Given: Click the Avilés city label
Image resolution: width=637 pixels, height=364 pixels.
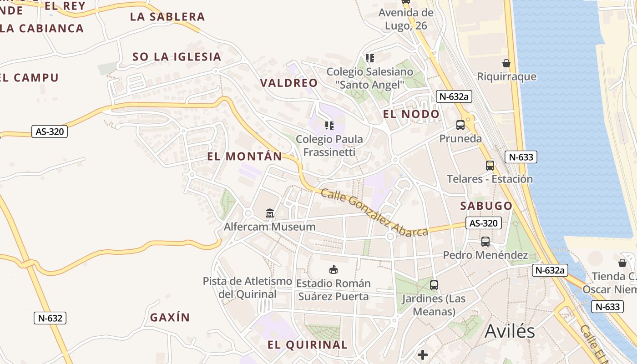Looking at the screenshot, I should tap(510, 331).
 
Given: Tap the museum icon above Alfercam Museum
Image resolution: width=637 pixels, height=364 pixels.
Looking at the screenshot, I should tap(270, 213).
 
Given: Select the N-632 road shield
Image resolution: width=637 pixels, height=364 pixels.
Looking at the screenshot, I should tap(50, 318).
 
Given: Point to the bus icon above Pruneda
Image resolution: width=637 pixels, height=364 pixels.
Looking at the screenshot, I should tap(460, 125).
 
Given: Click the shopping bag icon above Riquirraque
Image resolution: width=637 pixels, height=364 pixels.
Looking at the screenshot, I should tap(506, 63).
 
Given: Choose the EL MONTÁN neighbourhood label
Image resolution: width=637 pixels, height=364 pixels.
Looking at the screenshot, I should tap(245, 157).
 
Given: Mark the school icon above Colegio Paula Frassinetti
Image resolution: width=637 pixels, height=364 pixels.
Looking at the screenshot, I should tap(329, 125).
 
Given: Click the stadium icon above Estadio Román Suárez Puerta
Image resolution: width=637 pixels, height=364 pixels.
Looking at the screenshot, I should tap(334, 269).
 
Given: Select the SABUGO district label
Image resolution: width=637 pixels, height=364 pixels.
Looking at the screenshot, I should tap(486, 206).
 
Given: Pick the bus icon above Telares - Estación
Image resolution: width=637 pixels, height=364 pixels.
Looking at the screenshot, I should tap(490, 166).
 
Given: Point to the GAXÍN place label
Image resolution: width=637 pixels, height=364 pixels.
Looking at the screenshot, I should tap(170, 318).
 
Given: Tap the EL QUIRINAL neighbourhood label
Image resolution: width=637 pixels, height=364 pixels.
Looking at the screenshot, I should tap(308, 344).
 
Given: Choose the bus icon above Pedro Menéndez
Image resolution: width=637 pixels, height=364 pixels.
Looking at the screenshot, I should tap(485, 242).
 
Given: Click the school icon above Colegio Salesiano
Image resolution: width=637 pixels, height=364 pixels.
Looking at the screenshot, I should tap(370, 58).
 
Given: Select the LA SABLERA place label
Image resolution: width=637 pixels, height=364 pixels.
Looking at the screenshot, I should tap(167, 17).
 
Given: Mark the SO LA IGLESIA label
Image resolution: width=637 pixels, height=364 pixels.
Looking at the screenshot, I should tap(177, 57).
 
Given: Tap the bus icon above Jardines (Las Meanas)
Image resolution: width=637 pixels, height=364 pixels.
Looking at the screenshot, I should tap(434, 285).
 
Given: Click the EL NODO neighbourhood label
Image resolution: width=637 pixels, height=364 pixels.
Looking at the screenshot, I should tap(411, 114).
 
